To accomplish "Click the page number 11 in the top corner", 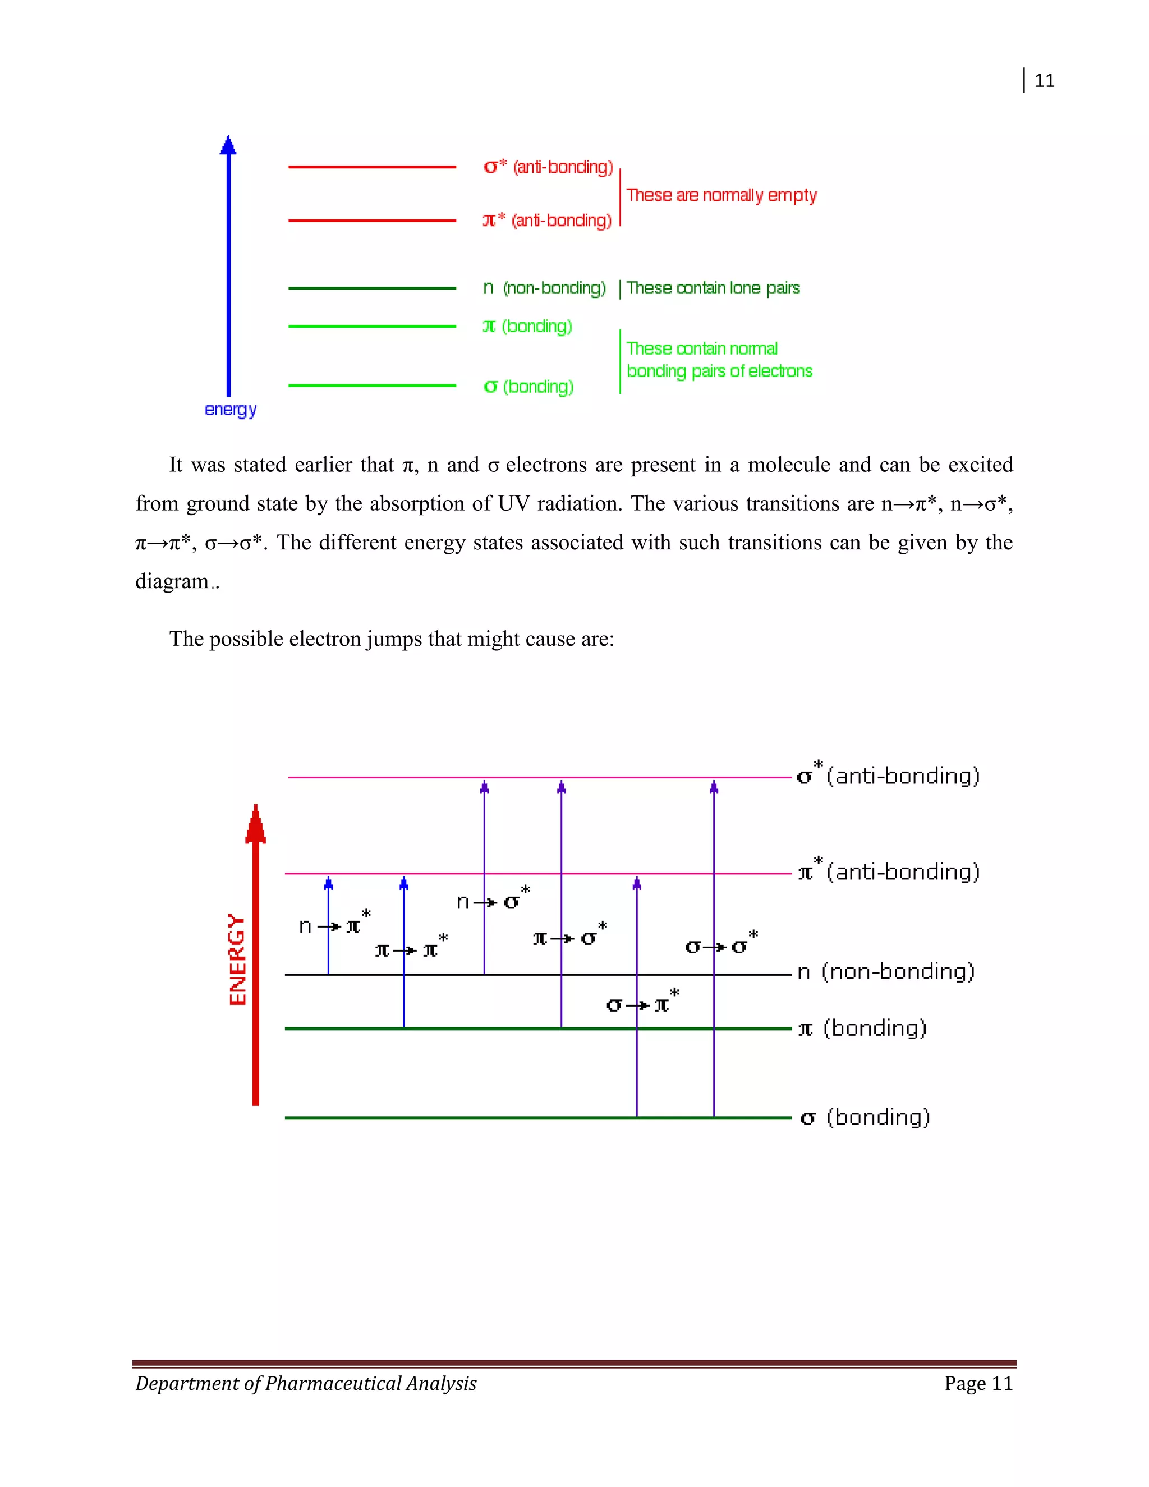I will tap(1044, 80).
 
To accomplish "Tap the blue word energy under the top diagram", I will tap(231, 409).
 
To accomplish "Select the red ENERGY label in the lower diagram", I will tap(237, 958).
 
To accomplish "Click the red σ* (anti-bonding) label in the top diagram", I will tap(548, 167).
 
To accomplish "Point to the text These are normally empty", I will tap(721, 195).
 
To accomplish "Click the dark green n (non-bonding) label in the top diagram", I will tap(545, 288).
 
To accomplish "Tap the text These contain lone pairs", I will tap(713, 288).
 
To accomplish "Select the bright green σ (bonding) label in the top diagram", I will tap(528, 386).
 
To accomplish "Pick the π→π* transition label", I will tap(411, 947).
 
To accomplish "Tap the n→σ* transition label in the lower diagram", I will tap(492, 899).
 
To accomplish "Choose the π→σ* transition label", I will tap(569, 936).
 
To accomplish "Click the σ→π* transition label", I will tap(642, 1002).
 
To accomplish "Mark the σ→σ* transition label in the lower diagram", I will tap(721, 944).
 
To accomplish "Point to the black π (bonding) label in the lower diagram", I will tap(862, 1027).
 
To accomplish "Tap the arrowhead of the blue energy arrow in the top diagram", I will tap(228, 145).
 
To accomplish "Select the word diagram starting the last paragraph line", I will tap(172, 581).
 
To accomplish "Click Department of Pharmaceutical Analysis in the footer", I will tap(306, 1383).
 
